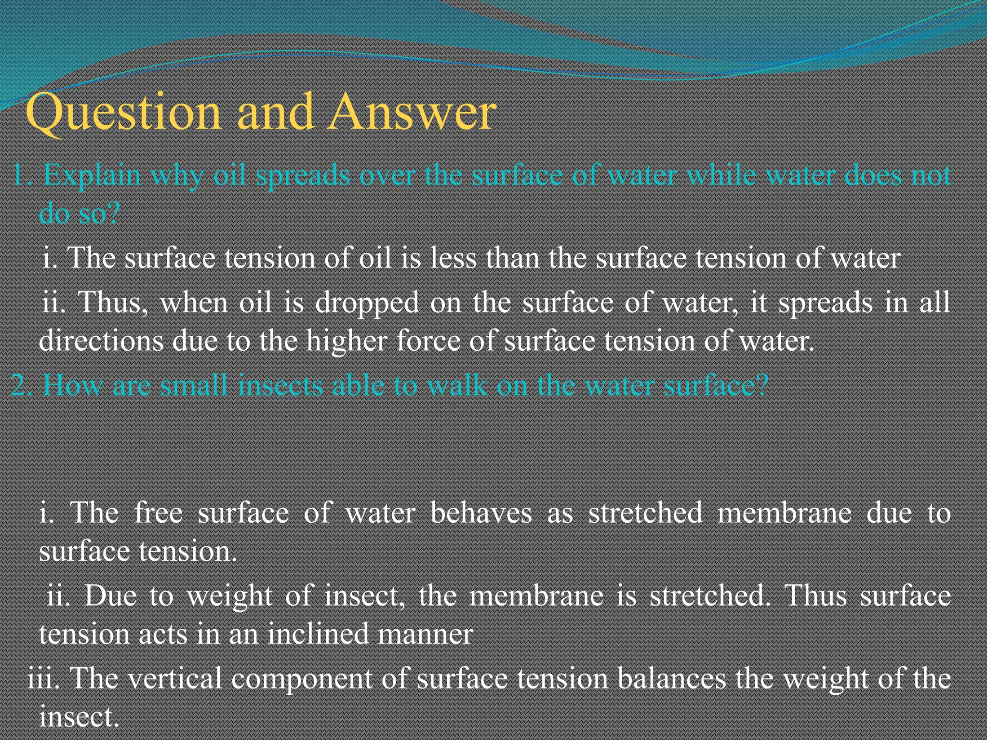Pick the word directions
tap(101, 341)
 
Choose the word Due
tap(110, 596)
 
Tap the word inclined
tap(318, 634)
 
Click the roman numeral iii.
tap(42, 678)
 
